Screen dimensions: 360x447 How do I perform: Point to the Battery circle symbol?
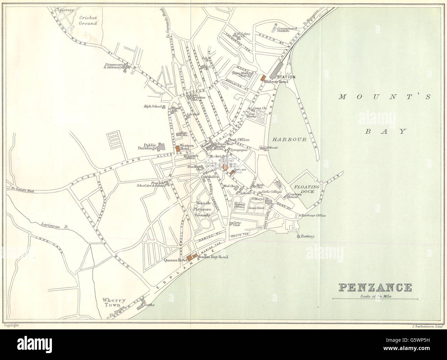point(299,237)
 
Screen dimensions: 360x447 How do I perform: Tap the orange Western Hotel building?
point(177,149)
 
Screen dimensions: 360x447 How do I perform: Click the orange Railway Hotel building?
point(264,78)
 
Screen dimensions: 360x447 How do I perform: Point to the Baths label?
point(150,305)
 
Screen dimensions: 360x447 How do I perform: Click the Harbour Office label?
point(313,216)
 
